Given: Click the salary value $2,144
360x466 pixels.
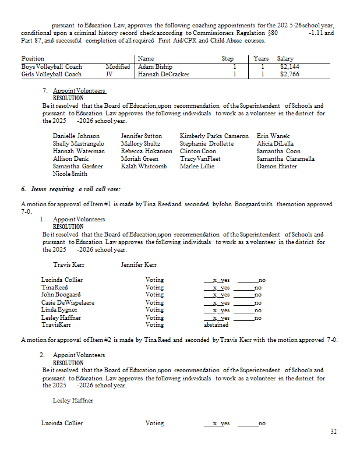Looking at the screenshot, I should (289, 67).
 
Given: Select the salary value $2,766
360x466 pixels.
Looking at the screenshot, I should (289, 75).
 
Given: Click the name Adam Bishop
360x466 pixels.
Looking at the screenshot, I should (155, 67).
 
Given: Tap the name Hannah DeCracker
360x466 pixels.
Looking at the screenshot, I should (164, 75).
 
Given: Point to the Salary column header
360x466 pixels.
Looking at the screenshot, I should (285, 59).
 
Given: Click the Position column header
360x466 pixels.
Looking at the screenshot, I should (33, 59).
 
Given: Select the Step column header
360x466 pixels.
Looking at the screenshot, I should (228, 59).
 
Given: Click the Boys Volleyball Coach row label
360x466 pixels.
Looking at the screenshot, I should (51, 67).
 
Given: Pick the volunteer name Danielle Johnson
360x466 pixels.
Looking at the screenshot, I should (76, 136).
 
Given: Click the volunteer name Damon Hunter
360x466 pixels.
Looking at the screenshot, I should (277, 167).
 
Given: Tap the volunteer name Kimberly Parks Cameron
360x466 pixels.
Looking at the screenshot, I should (214, 136).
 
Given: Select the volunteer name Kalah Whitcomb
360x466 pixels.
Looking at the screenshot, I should (143, 167).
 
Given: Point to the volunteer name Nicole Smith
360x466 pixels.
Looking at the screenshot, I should (70, 174).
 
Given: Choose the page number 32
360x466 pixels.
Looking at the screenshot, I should (333, 432).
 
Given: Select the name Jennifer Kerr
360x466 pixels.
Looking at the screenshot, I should (139, 265).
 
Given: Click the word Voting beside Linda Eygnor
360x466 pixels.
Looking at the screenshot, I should (154, 310).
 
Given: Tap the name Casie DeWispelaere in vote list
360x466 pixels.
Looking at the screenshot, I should (68, 303).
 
